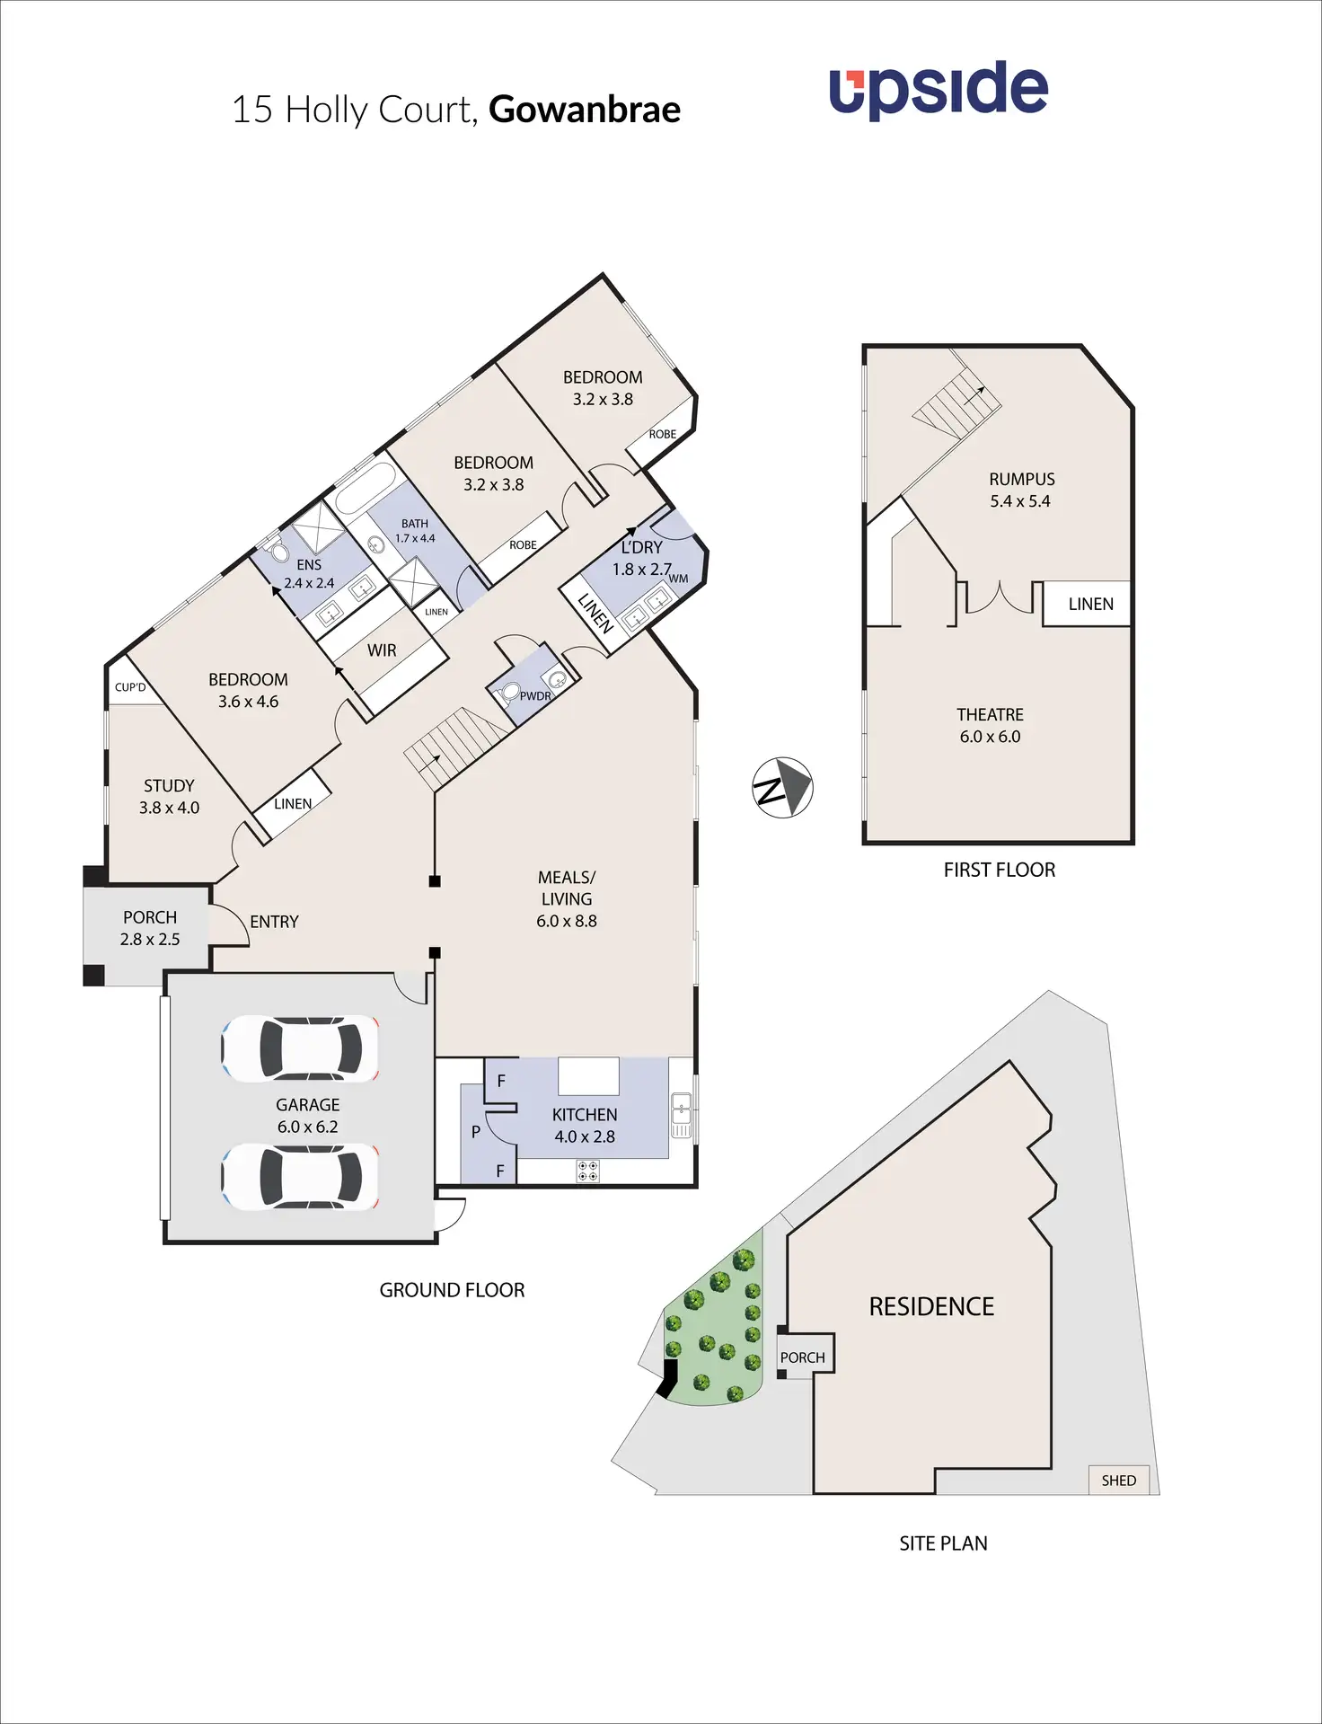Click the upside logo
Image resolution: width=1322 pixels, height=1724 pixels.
click(938, 90)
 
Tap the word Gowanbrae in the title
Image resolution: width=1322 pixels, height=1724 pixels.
click(585, 110)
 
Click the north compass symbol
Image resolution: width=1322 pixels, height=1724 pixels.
click(782, 788)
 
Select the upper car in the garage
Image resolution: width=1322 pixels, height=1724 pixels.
click(300, 1048)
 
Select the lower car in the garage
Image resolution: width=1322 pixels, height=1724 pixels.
click(300, 1177)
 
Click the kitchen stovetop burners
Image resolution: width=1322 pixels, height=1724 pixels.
click(588, 1171)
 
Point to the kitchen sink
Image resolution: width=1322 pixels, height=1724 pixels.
click(682, 1115)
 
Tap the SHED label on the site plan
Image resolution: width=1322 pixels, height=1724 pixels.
click(1118, 1481)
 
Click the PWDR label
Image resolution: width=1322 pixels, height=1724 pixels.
click(535, 695)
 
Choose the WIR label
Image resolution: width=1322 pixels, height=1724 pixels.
click(382, 650)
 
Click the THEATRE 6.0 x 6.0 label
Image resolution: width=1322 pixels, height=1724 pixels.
click(990, 726)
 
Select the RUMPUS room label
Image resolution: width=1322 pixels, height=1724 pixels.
click(1021, 491)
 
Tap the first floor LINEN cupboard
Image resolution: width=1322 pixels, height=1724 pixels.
click(1090, 605)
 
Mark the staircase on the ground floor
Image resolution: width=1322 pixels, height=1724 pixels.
click(456, 744)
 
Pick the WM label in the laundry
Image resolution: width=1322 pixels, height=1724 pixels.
click(679, 579)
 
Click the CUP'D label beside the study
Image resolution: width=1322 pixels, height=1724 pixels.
click(130, 687)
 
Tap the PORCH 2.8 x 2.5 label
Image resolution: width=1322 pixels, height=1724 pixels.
click(150, 928)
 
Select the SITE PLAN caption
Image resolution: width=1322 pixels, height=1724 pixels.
click(943, 1543)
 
